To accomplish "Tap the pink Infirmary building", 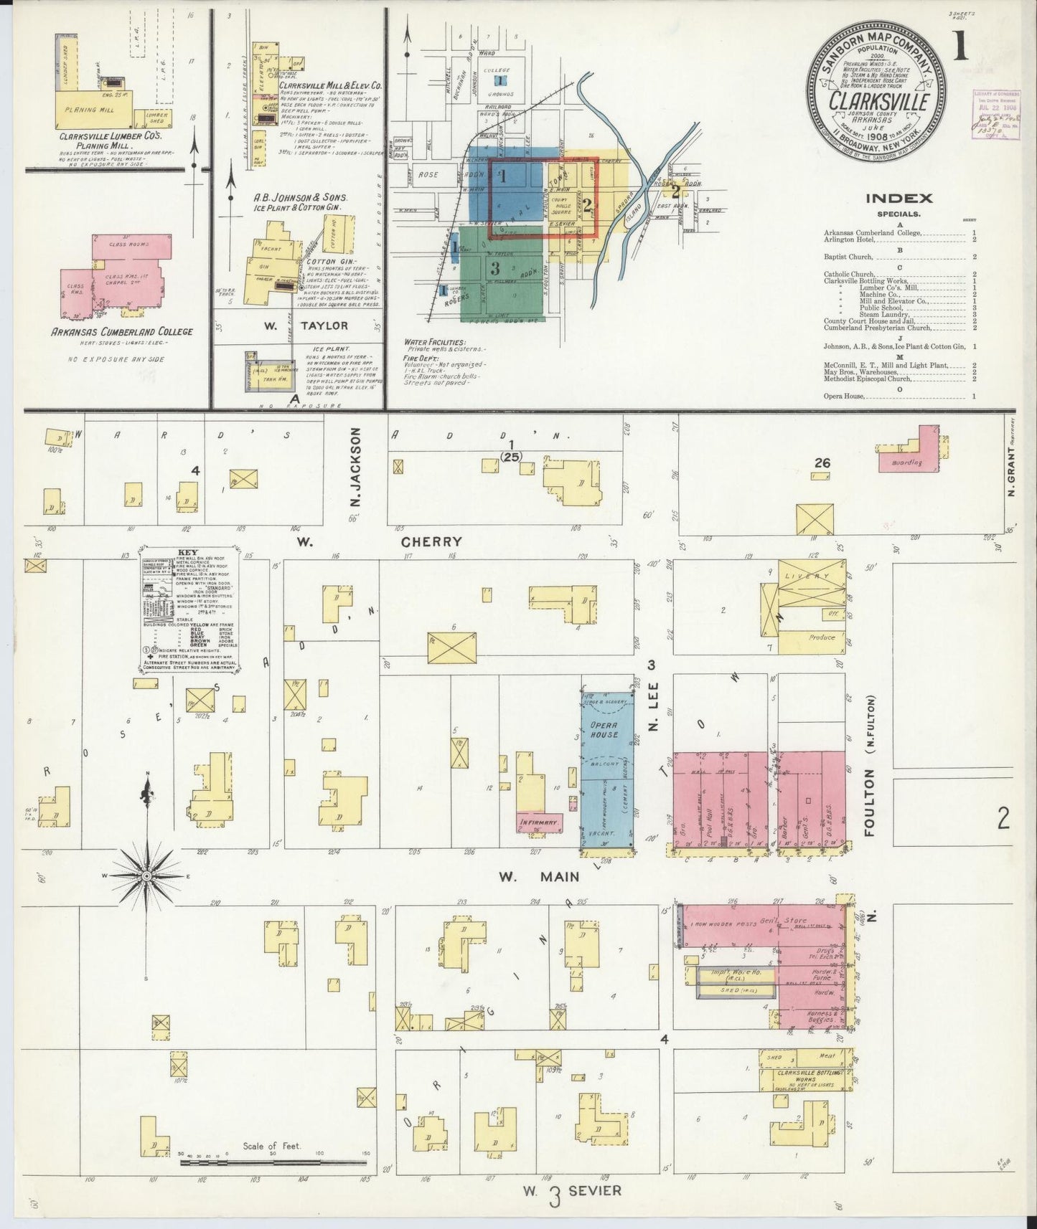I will [539, 822].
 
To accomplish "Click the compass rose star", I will [146, 876].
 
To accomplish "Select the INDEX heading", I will [898, 198].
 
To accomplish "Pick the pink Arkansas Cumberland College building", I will [122, 272].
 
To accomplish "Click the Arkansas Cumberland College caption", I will [121, 331].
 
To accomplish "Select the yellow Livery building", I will [806, 591].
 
